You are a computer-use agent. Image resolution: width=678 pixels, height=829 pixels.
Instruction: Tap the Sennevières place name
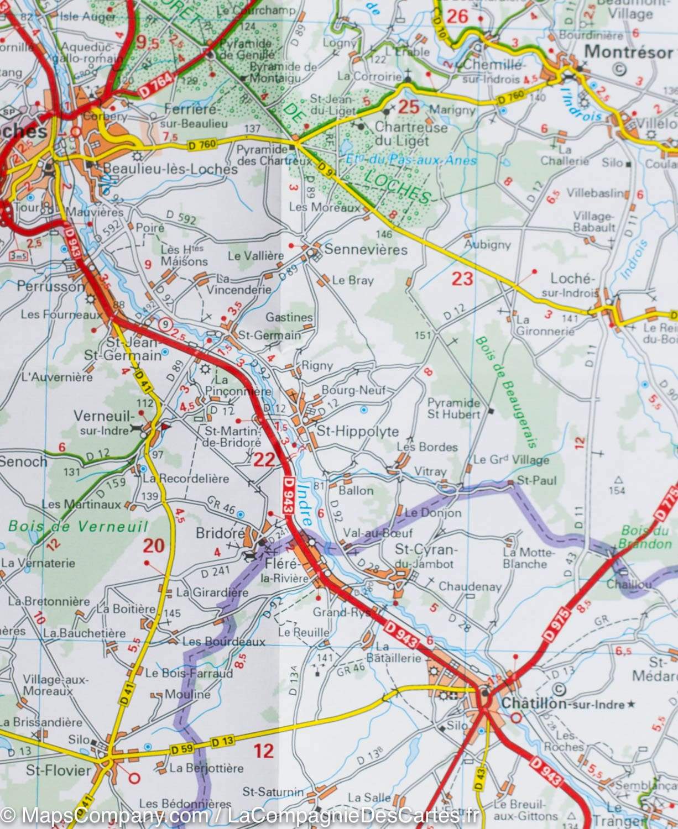coord(366,249)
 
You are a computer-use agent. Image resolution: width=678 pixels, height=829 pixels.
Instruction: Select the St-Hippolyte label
coord(357,431)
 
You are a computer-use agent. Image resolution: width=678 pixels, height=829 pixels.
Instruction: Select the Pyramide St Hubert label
coord(453,408)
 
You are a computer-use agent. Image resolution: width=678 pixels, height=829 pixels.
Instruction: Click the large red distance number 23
coord(462,279)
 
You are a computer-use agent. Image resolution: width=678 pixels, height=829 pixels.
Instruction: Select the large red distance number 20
coord(154,546)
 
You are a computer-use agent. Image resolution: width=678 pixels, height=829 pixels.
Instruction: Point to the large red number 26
coord(457,17)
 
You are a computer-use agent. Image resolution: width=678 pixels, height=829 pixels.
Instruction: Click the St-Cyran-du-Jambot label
coord(424,557)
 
